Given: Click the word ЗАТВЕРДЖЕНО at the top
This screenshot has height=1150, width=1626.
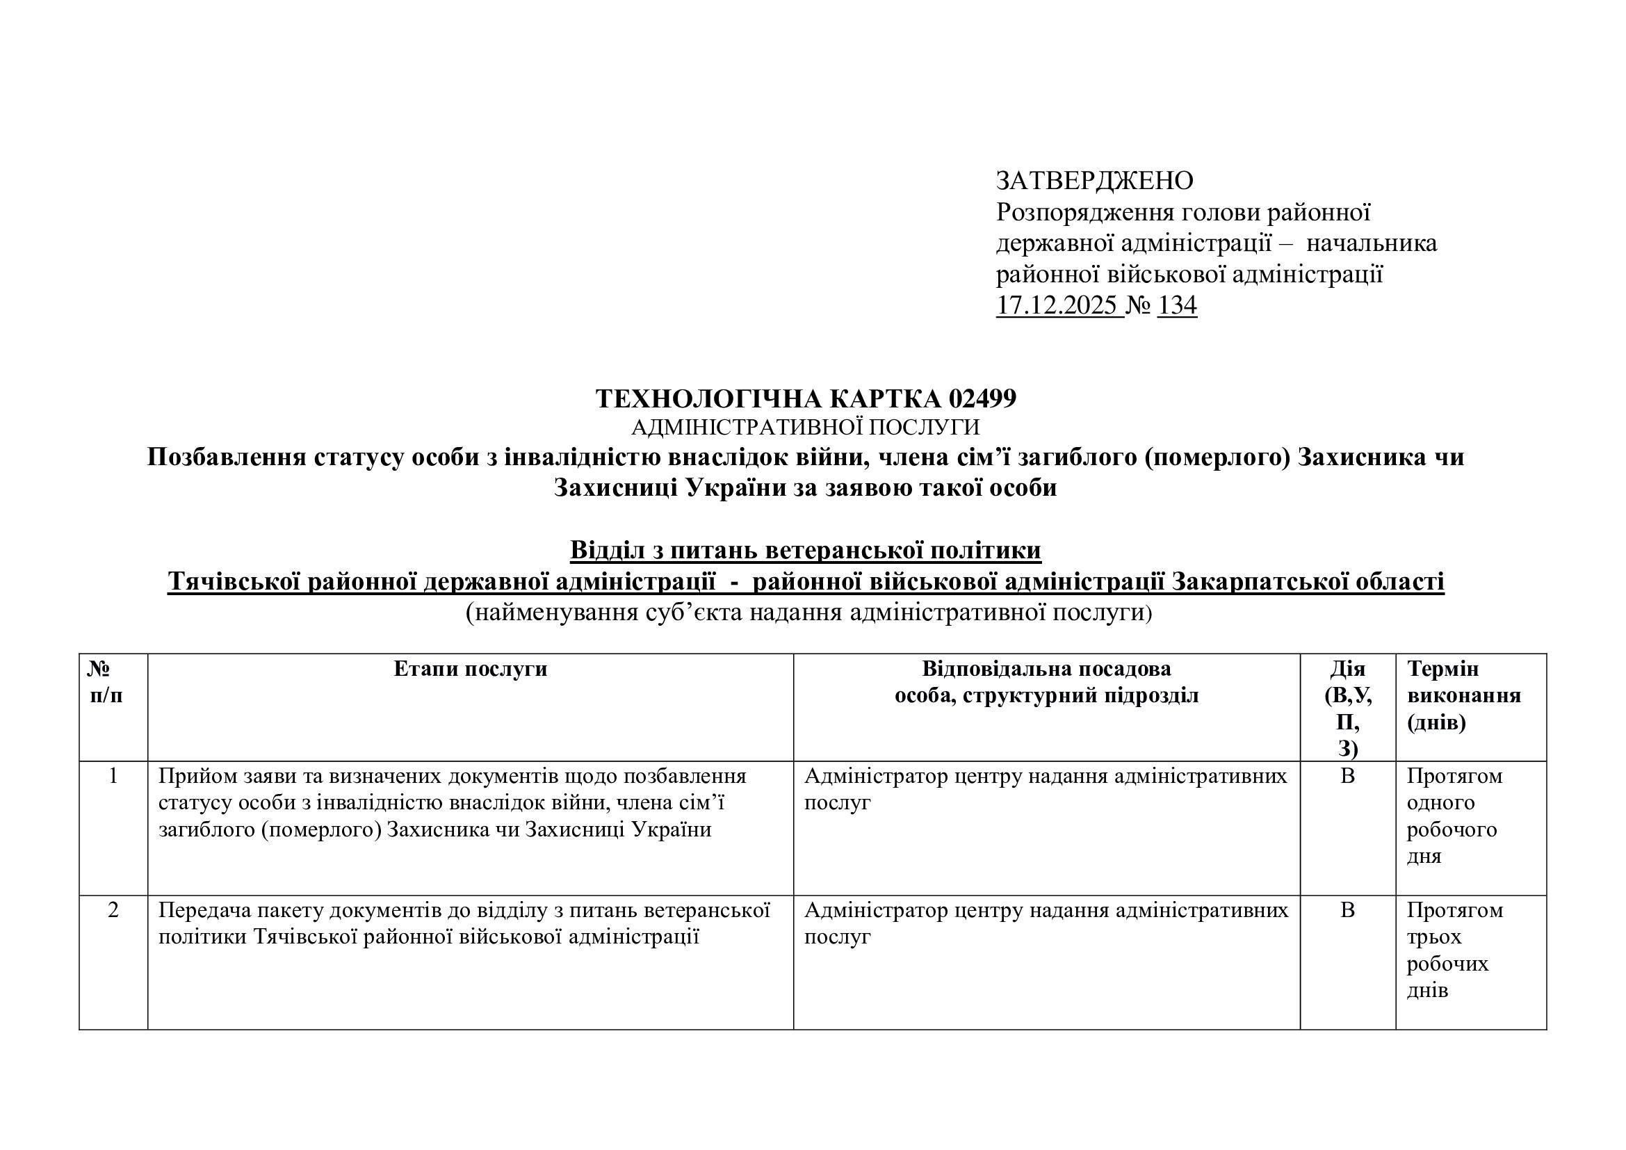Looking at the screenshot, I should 1094,181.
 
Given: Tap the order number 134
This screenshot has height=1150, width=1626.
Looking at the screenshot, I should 1176,305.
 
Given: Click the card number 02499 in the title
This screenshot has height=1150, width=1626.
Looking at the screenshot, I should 982,398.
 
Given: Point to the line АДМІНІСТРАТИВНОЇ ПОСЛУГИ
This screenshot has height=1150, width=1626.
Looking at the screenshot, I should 805,427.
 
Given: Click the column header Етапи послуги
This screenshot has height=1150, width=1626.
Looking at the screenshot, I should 470,669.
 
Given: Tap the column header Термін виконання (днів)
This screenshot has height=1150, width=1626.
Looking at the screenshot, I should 1463,695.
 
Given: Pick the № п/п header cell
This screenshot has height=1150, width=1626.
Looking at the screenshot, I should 106,682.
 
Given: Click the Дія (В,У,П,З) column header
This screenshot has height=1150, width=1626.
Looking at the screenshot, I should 1347,708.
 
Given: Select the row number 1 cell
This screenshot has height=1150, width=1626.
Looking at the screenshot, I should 113,776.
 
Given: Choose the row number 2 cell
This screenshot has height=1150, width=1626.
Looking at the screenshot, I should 113,910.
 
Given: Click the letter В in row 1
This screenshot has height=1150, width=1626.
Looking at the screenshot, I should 1347,776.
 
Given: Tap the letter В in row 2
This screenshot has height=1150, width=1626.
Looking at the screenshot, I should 1347,910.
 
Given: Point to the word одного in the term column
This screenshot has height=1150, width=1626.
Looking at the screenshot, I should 1440,803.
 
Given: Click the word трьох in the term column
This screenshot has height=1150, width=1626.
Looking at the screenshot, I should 1434,937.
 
